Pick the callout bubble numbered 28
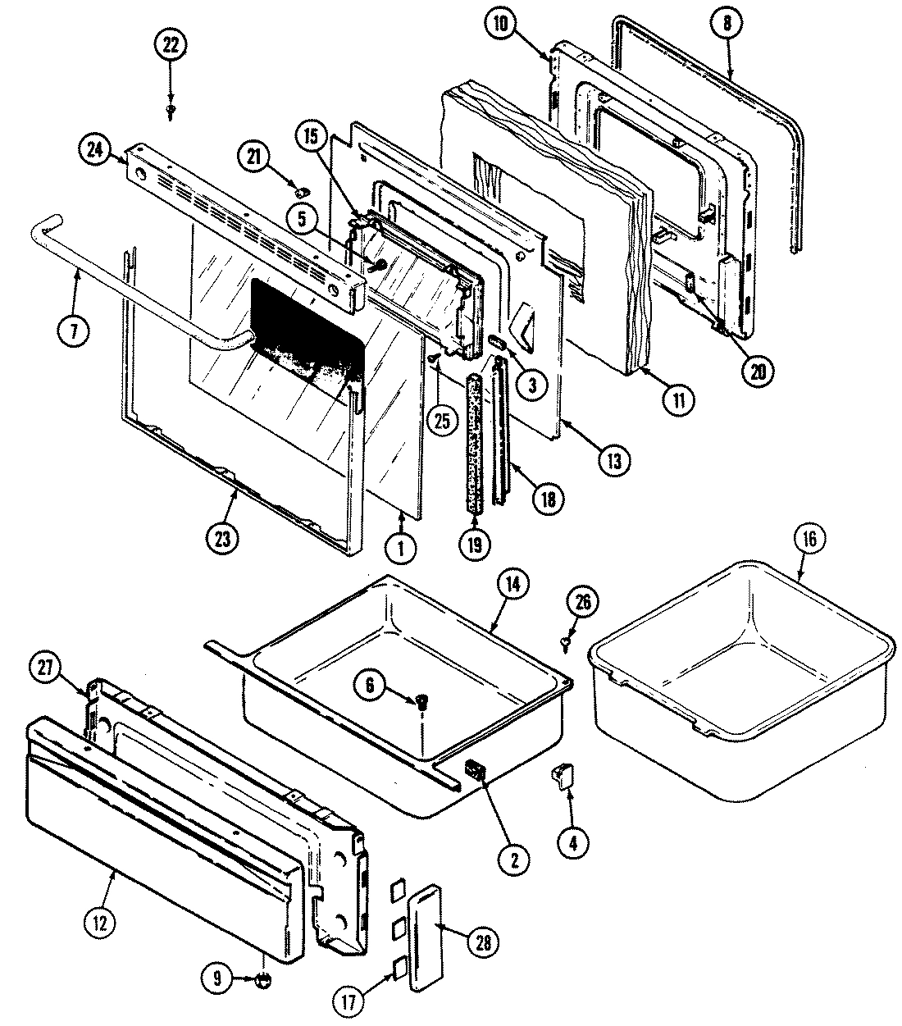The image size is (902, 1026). click(482, 942)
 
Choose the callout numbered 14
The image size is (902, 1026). click(516, 586)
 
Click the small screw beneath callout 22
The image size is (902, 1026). click(171, 108)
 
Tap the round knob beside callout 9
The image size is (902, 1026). click(264, 978)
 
